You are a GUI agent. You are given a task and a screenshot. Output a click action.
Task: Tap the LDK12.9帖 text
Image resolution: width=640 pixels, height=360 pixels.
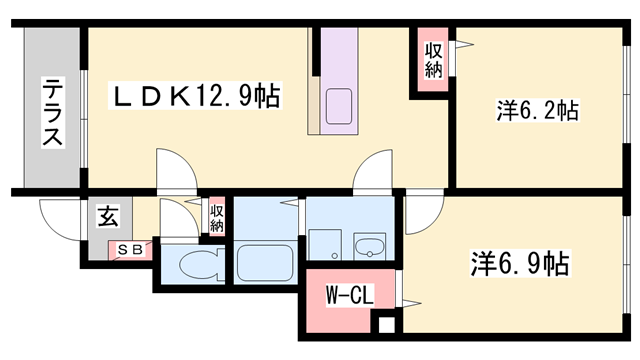click(195, 97)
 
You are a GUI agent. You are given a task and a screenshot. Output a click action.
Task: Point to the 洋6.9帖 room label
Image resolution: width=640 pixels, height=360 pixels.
click(520, 265)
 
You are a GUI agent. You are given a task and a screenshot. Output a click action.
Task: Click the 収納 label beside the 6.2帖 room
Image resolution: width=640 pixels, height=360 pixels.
click(432, 61)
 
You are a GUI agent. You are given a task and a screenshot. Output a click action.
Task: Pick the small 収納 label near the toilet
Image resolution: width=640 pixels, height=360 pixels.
click(216, 217)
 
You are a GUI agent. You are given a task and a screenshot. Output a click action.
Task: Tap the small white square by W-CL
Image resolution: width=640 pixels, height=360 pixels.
click(385, 324)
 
